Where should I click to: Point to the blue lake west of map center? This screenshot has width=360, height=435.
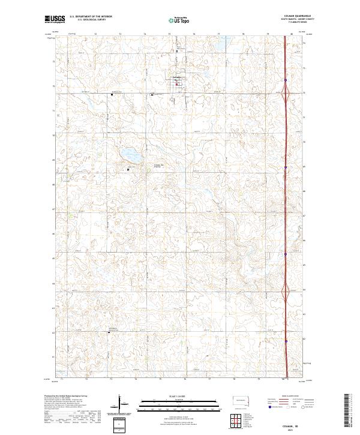[130, 155]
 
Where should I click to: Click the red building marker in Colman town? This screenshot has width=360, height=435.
[176, 84]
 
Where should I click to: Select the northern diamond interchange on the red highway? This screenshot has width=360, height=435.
[286, 93]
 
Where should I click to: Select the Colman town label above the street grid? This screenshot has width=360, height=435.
[176, 77]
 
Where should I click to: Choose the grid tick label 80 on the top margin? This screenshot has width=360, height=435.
[292, 34]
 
